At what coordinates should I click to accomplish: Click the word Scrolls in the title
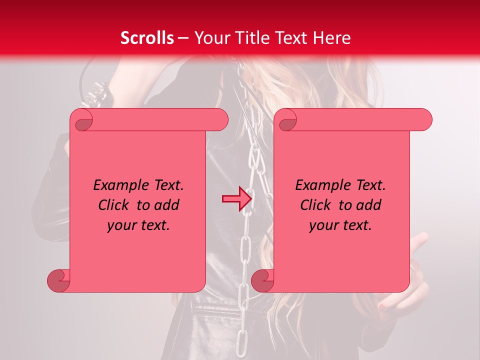pos(147,38)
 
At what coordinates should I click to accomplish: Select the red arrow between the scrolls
pos(236,199)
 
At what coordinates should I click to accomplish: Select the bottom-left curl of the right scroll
pos(261,280)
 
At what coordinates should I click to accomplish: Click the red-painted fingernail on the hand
pos(382,305)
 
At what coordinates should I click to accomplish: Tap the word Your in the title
pos(210,38)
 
